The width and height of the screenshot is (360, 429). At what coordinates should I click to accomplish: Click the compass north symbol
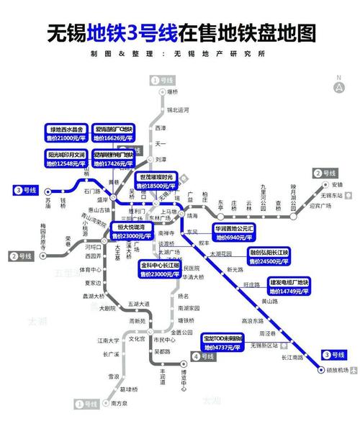[x=338, y=85]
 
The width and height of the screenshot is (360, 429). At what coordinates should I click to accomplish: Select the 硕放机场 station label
[x=336, y=371]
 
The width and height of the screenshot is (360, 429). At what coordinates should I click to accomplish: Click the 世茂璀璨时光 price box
[x=156, y=181]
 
